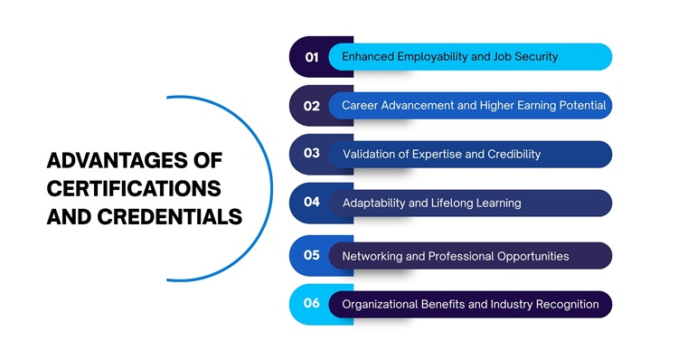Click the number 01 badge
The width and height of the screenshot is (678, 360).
[x=312, y=57]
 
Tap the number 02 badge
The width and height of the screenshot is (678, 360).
[x=312, y=106]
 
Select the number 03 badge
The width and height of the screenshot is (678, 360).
[x=312, y=154]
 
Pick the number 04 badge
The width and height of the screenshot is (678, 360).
[x=312, y=203]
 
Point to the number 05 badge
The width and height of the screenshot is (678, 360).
[x=312, y=255]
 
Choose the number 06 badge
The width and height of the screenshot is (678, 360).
[x=312, y=303]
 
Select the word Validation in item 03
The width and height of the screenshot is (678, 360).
[x=372, y=155]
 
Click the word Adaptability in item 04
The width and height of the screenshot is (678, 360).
[x=374, y=204]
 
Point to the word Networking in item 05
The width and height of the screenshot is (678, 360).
[x=372, y=256]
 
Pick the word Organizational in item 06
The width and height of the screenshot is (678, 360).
[x=380, y=304]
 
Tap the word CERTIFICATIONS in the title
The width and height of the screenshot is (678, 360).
[x=134, y=189]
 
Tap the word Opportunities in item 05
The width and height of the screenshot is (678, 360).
[x=533, y=256]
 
